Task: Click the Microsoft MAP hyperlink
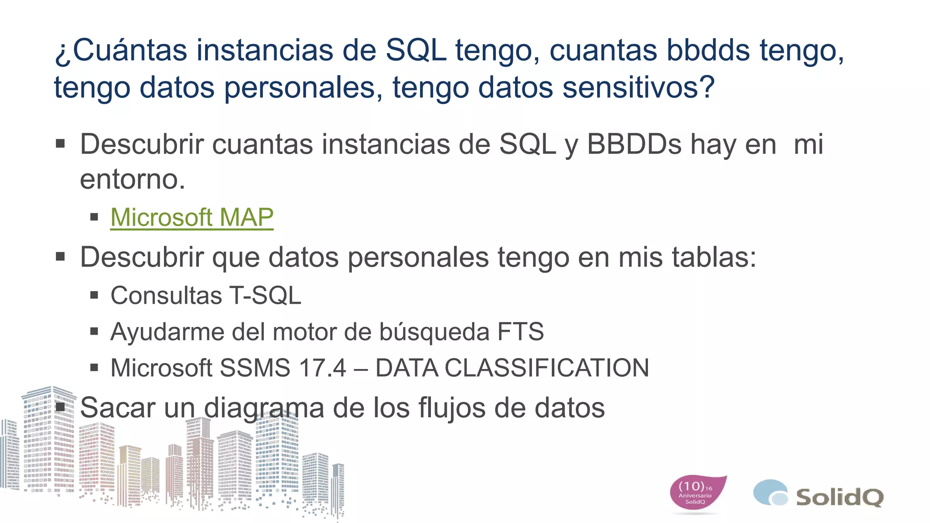click(192, 217)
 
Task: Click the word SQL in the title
click(416, 50)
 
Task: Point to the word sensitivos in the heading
click(638, 87)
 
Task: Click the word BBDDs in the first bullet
click(634, 145)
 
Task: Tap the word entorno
click(132, 180)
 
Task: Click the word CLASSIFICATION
click(547, 368)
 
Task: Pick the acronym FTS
click(520, 332)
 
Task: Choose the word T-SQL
click(265, 296)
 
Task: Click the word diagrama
click(264, 408)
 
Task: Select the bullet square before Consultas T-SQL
click(94, 296)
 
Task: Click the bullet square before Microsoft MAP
click(94, 217)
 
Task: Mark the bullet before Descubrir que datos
click(60, 257)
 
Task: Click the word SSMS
click(255, 368)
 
